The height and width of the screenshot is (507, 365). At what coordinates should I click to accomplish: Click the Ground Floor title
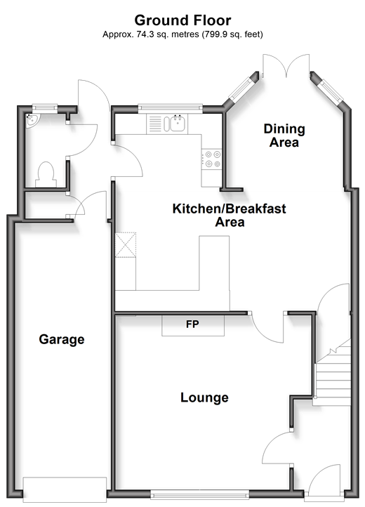point(182,20)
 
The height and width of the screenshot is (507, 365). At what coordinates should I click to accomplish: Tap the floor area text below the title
point(182,34)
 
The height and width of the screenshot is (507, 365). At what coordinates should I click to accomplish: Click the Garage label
point(62,339)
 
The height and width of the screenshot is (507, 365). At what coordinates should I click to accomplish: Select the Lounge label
point(204,397)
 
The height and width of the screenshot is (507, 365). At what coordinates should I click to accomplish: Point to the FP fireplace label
point(192,324)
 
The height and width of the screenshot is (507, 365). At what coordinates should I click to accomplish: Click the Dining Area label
point(284,136)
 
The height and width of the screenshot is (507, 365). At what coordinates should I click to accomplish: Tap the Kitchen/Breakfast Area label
point(230,215)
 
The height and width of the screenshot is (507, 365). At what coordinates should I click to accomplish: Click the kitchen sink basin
point(178,124)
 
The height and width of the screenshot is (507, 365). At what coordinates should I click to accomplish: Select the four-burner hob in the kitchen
point(213,159)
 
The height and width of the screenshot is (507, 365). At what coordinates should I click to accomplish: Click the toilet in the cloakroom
point(46,175)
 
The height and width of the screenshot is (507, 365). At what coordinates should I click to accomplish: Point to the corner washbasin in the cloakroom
point(32,120)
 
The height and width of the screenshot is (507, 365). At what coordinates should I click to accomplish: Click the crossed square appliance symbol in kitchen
point(126,245)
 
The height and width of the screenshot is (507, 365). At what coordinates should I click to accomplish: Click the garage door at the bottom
point(65,489)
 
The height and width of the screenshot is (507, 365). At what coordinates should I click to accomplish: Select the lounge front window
point(200,494)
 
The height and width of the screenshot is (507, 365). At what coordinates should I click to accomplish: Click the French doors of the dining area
point(286,66)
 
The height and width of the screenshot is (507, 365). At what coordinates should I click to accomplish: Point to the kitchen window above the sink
point(171,108)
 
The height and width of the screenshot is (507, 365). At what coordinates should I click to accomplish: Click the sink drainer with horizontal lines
point(155,124)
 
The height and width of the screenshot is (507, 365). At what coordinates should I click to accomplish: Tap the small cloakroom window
point(45,108)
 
